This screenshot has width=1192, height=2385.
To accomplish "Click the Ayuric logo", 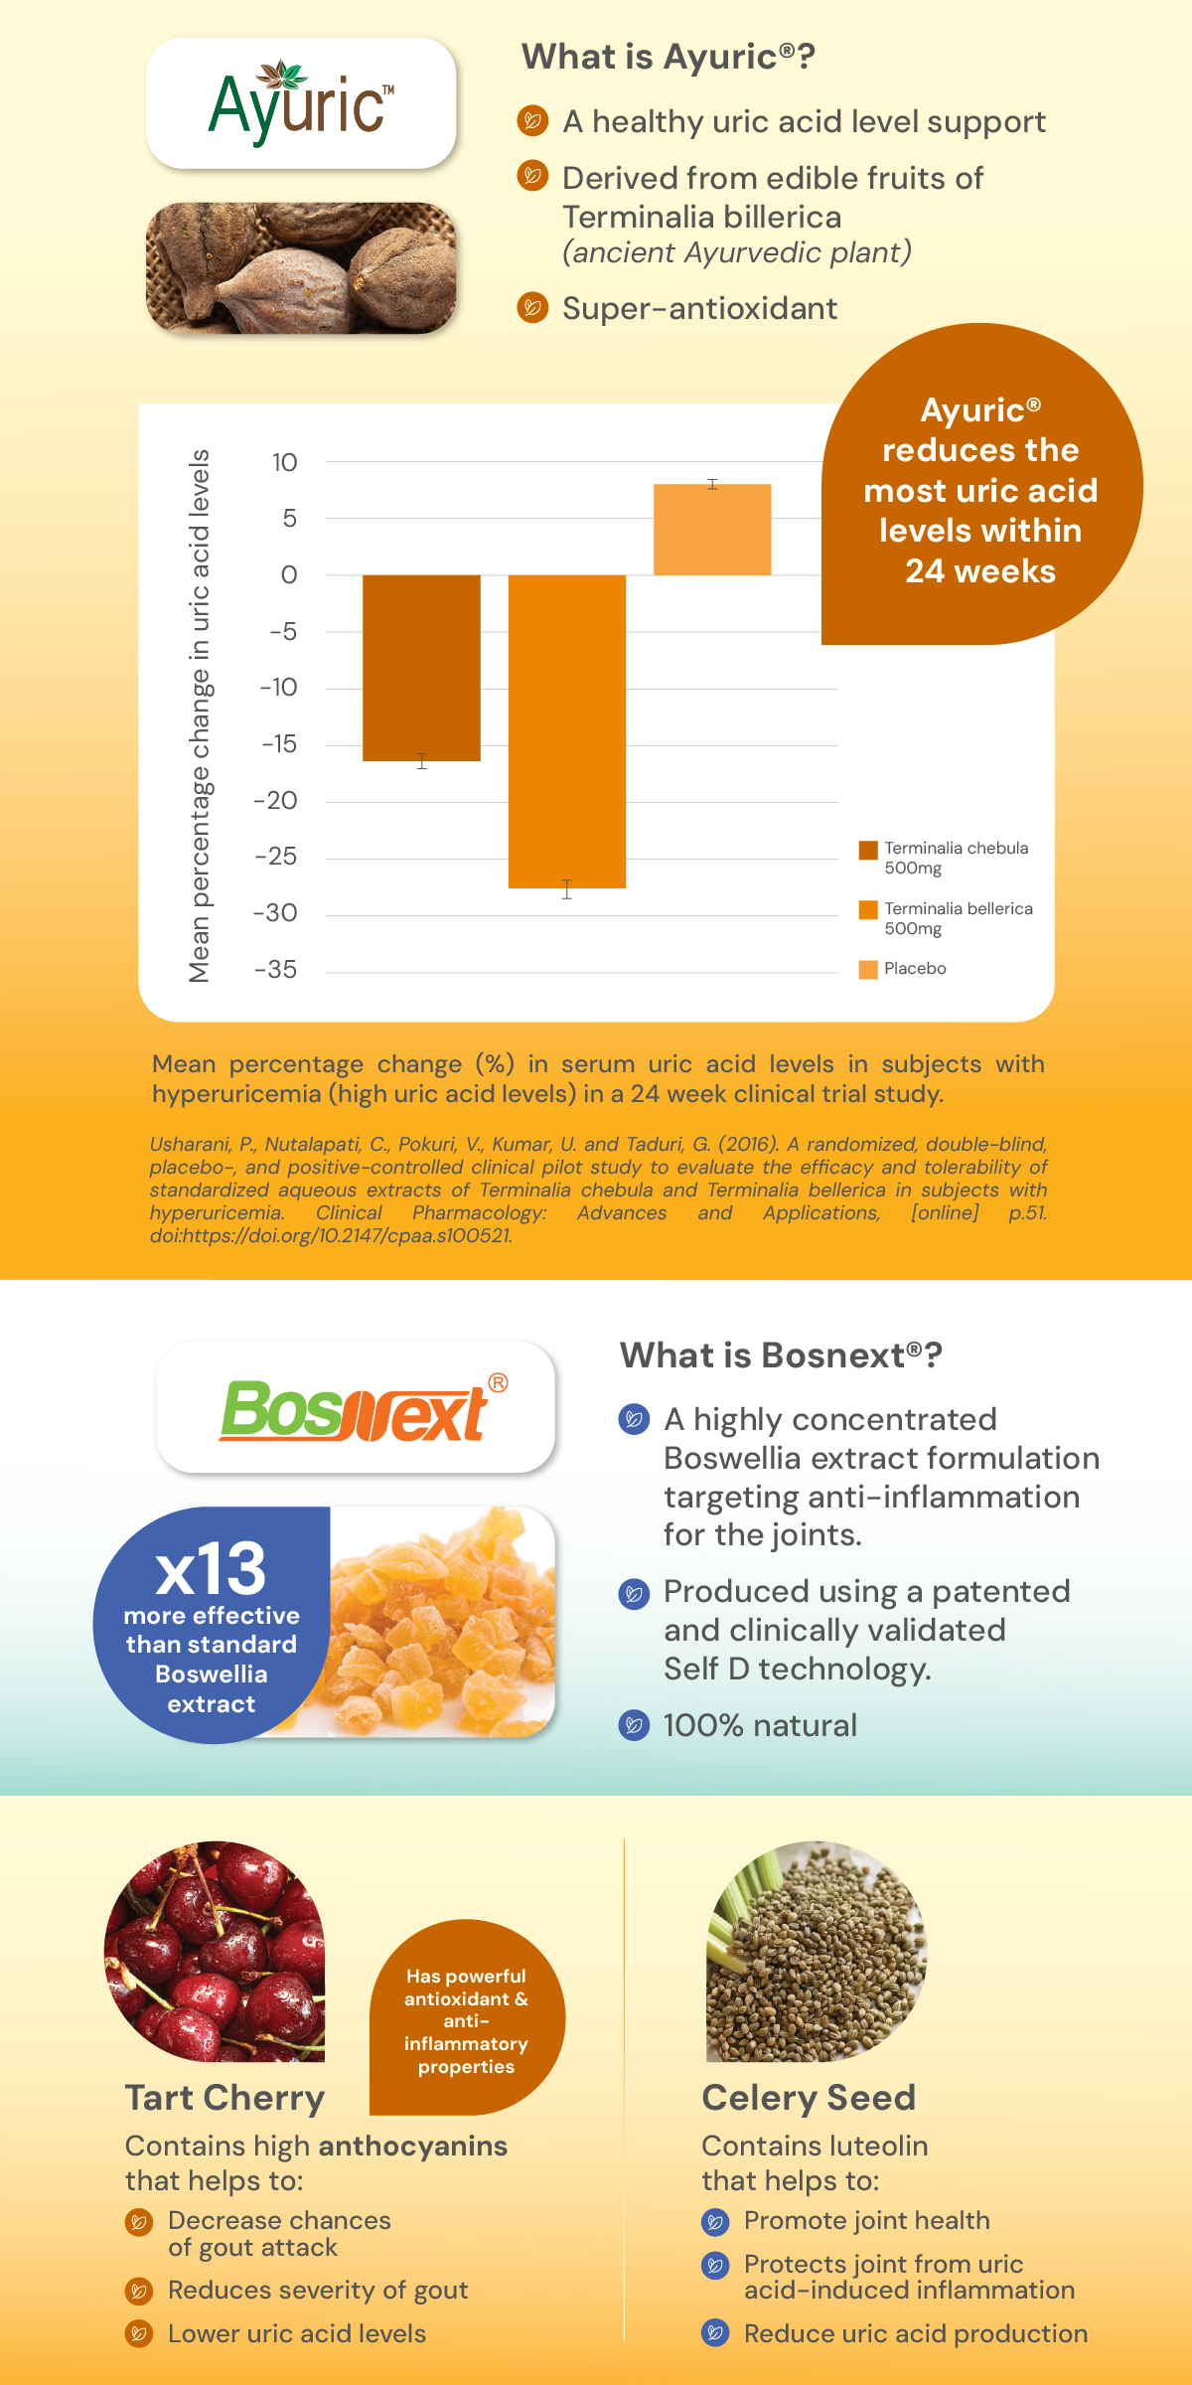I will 301,104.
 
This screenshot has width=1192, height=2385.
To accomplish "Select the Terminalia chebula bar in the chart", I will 421,667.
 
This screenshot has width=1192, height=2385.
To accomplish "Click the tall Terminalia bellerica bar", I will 566,730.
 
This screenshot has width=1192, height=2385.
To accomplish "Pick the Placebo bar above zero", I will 711,530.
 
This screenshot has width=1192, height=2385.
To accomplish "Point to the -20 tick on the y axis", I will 276,800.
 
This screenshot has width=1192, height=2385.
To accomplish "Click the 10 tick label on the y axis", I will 284,462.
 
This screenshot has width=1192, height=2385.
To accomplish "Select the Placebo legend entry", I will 903,969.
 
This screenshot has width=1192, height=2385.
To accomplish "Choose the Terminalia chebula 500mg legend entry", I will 944,858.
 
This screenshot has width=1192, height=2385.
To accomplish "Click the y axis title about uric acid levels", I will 200,715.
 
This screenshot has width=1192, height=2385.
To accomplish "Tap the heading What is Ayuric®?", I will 668,57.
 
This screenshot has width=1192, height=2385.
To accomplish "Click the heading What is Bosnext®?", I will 781,1355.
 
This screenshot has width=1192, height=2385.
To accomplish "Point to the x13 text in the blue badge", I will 211,1569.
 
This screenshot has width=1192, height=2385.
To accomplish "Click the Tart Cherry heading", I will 224,2098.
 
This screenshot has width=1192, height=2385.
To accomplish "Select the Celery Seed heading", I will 809,2098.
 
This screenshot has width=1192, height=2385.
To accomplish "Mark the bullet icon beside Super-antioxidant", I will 532,308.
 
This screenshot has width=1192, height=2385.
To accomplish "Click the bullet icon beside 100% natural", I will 634,1725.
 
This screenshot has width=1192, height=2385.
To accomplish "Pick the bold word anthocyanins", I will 412,2146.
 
